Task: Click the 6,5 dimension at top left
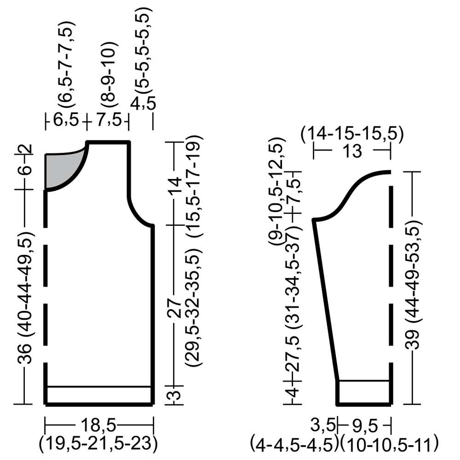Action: click(66, 120)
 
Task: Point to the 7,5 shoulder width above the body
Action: click(109, 120)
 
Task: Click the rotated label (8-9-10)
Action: click(109, 75)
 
